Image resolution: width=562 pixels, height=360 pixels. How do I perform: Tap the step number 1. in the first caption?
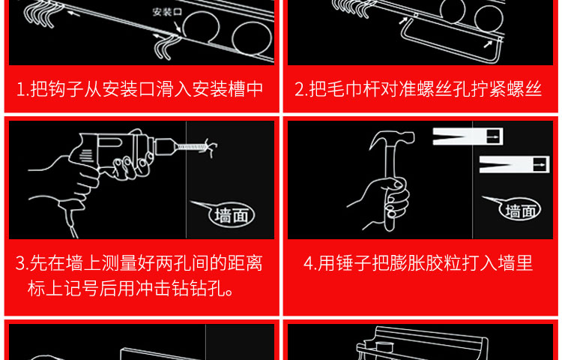pyautogui.click(x=22, y=89)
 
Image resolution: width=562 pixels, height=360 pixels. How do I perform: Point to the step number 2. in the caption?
pyautogui.click(x=300, y=89)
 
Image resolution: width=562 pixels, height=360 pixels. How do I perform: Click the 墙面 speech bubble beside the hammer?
pyautogui.click(x=519, y=210)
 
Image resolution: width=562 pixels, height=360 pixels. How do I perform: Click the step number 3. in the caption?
pyautogui.click(x=22, y=263)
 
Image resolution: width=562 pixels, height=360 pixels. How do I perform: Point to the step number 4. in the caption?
pyautogui.click(x=309, y=263)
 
